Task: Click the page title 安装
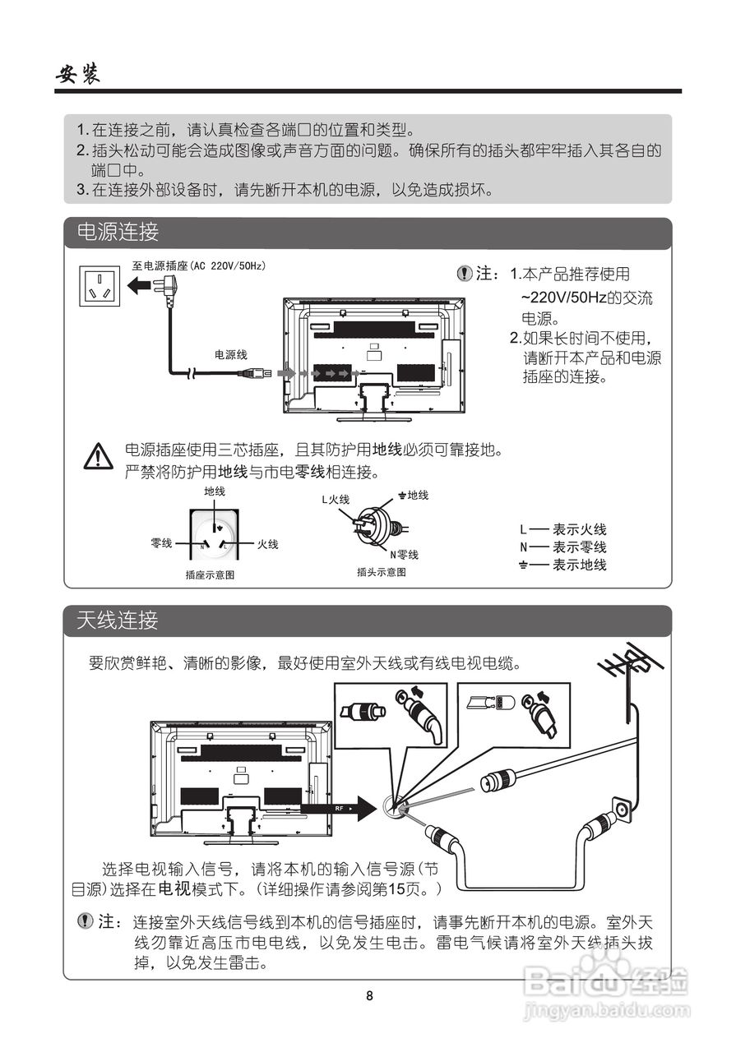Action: pyautogui.click(x=77, y=75)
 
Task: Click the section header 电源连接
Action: pyautogui.click(x=118, y=233)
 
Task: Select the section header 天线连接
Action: pyautogui.click(x=118, y=621)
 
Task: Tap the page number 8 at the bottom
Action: pyautogui.click(x=369, y=996)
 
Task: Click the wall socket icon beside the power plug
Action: pyautogui.click(x=100, y=284)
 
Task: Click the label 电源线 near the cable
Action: pyautogui.click(x=231, y=354)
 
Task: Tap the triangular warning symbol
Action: pyautogui.click(x=99, y=457)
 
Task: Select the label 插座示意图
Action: pyautogui.click(x=211, y=575)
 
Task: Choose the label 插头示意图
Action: pyautogui.click(x=381, y=572)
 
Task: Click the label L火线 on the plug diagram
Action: pyautogui.click(x=336, y=499)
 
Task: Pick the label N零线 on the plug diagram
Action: pyautogui.click(x=405, y=555)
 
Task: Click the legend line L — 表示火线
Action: pyautogui.click(x=563, y=530)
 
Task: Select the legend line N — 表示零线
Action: pyautogui.click(x=563, y=547)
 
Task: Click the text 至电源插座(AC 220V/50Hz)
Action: pyautogui.click(x=199, y=266)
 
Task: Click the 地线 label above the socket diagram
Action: pyautogui.click(x=215, y=491)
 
